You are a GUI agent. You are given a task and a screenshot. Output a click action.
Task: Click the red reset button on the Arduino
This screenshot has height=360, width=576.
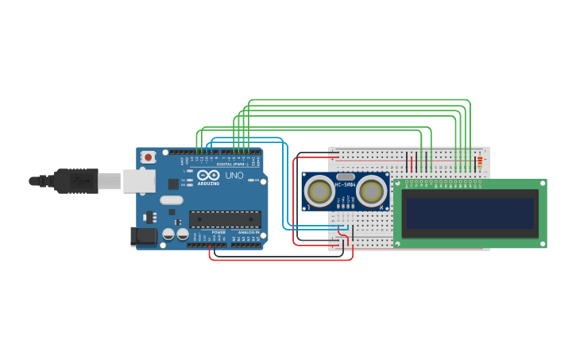[149, 157]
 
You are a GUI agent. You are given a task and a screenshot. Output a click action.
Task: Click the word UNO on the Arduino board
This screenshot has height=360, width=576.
[234, 176]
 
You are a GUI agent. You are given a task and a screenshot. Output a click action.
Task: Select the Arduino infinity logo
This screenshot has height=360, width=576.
[209, 175]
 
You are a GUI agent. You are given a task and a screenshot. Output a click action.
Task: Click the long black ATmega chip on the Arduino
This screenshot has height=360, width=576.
[225, 219]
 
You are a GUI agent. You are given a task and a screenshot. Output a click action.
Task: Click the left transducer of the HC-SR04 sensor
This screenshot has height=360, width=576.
[320, 191]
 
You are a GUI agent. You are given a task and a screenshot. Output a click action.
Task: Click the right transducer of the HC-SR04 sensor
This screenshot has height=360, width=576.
[371, 191]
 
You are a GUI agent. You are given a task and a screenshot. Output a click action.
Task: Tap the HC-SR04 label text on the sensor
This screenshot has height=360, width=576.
[346, 186]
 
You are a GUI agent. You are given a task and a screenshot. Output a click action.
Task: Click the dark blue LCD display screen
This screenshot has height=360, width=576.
[470, 213]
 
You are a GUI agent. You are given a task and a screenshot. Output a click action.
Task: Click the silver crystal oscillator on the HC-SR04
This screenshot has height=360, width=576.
[346, 177]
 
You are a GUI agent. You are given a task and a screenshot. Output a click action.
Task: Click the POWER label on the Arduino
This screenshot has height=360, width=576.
[218, 232]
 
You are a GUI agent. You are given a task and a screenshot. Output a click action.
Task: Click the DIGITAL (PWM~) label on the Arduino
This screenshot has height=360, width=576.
[230, 165]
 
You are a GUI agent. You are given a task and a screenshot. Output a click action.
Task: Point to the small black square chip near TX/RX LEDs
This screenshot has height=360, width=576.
[173, 184]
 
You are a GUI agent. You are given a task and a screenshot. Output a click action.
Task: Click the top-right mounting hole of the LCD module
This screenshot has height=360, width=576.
[543, 184]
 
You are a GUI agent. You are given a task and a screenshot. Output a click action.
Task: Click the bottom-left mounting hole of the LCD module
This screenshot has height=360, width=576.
[398, 244]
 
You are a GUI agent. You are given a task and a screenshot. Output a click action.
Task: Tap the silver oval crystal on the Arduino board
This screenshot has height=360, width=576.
[172, 200]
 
